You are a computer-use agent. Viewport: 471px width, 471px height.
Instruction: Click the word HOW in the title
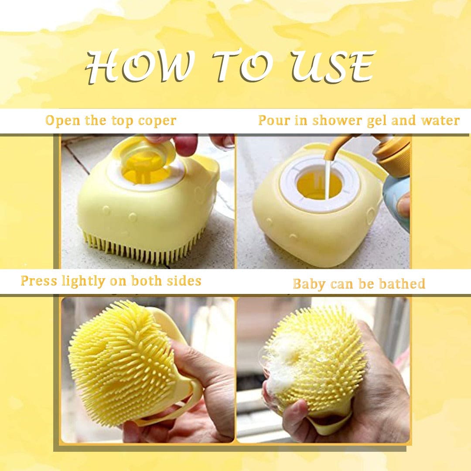[139, 66]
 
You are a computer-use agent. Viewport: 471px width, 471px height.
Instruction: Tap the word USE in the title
[333, 66]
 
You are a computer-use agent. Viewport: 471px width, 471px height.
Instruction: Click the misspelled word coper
[157, 121]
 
